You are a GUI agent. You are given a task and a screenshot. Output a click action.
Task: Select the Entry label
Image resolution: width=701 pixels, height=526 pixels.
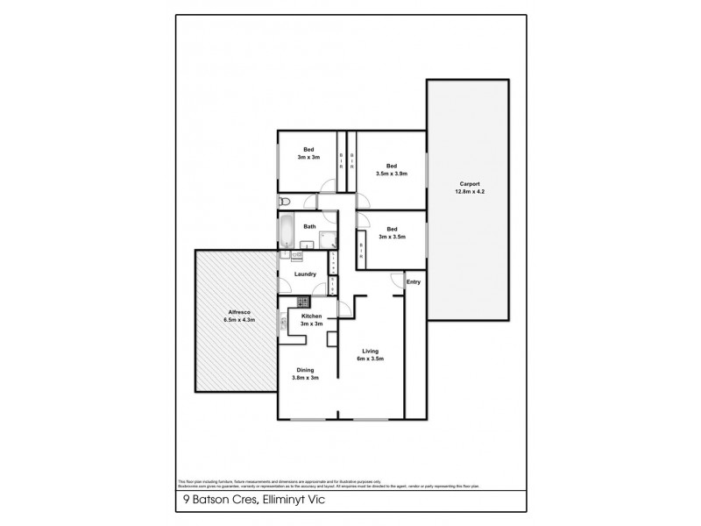[x=414, y=281]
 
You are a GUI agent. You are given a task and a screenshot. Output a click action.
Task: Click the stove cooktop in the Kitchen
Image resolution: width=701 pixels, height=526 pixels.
[x=304, y=302]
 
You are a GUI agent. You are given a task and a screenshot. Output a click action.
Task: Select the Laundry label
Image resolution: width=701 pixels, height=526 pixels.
[x=305, y=274]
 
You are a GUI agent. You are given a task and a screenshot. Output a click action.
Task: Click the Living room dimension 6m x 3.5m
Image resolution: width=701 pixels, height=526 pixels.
[x=369, y=359]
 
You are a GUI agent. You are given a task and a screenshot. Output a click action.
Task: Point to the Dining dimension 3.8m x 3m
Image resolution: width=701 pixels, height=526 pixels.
[x=305, y=379]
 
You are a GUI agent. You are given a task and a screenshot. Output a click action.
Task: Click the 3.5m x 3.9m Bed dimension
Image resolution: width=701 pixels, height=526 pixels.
[x=392, y=174]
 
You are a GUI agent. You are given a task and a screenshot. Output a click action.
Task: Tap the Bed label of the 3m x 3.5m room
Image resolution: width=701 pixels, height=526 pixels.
[x=392, y=229]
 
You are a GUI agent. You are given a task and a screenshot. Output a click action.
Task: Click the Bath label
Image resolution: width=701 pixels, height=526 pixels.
[x=309, y=226]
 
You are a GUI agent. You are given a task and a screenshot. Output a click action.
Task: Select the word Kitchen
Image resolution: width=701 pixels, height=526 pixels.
[x=312, y=316]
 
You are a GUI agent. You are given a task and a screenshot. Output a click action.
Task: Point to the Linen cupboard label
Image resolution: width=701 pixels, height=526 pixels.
[x=333, y=261]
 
